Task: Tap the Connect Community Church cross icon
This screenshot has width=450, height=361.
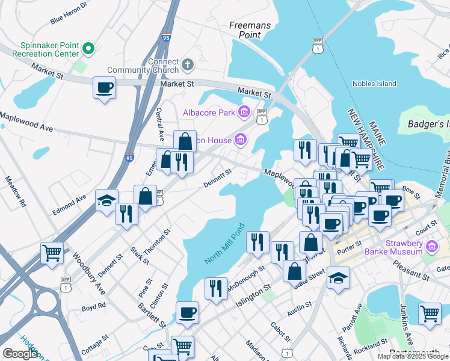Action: tap(188, 63)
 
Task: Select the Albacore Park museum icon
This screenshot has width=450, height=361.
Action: tap(244, 111)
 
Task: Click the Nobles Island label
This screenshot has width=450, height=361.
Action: tap(374, 84)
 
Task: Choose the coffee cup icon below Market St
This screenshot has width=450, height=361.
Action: tap(105, 88)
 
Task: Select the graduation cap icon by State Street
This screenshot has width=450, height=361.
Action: tap(338, 278)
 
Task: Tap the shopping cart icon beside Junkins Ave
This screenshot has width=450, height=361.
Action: tap(430, 314)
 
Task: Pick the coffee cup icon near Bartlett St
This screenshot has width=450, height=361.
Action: tap(187, 313)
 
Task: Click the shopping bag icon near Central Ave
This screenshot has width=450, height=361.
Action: tap(185, 142)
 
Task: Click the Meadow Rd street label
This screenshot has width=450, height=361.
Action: tap(16, 192)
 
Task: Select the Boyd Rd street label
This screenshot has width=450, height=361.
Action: tap(93, 307)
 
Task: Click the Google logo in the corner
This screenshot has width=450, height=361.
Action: tap(20, 354)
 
